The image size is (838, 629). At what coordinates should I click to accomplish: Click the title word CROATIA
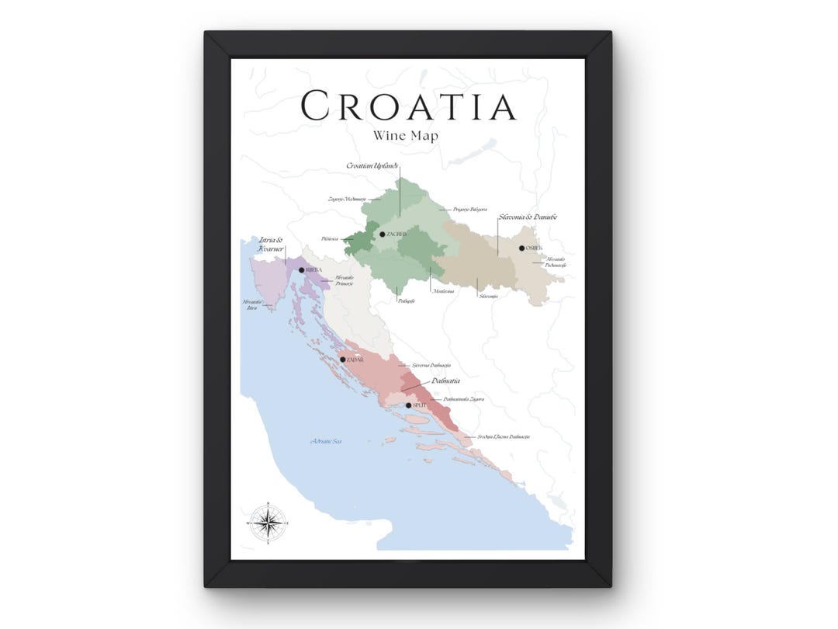coord(408,106)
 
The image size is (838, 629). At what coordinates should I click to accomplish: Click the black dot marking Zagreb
coord(382,234)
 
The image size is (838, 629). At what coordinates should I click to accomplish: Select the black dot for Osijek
coord(521,248)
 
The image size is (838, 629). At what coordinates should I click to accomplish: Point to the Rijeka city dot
coord(302,270)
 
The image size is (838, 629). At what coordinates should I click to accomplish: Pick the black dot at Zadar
coord(342,360)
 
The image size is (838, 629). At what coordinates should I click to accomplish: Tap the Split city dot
coord(409,405)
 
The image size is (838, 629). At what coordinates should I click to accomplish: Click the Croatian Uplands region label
coord(372,166)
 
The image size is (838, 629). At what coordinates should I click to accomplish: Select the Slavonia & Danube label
coord(528,217)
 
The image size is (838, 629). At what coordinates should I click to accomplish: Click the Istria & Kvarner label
coord(272,246)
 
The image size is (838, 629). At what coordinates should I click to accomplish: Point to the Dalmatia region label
coord(445,381)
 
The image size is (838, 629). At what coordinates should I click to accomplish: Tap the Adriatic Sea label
coord(326,441)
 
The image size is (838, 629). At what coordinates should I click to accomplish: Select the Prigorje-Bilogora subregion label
coord(470,210)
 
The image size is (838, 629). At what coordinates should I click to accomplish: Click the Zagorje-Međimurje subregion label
coord(346,200)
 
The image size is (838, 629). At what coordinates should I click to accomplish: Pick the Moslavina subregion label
coord(444,292)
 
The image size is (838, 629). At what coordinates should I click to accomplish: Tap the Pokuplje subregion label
coord(406,301)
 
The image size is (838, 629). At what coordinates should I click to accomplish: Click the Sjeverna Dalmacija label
coord(431,365)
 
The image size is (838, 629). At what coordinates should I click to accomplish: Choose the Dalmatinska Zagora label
coord(464,399)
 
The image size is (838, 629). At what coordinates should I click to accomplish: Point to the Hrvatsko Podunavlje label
coord(556,262)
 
